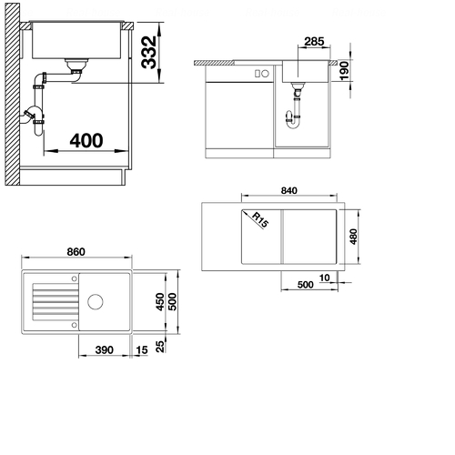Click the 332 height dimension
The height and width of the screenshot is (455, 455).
click(x=149, y=53)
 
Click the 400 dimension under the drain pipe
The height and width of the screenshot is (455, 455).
click(x=86, y=141)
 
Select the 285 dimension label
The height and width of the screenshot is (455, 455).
click(x=314, y=41)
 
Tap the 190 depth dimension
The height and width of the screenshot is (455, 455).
click(x=344, y=71)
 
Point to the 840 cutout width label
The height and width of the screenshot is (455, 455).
click(x=289, y=190)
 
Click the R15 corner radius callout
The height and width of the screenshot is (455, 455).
click(x=260, y=220)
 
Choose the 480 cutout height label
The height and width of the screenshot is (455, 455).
click(x=353, y=237)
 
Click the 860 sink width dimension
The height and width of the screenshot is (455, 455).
click(x=76, y=252)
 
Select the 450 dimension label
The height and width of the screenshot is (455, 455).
click(x=160, y=302)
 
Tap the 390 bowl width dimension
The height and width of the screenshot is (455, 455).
click(x=105, y=349)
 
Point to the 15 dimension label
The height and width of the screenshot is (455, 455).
click(x=142, y=350)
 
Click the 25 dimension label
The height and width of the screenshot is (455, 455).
click(x=160, y=347)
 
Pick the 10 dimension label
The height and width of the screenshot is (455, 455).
click(x=324, y=278)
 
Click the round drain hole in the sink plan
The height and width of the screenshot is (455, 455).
click(x=96, y=302)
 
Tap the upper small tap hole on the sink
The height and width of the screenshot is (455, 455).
click(x=75, y=278)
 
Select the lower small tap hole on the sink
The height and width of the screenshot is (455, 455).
click(x=75, y=325)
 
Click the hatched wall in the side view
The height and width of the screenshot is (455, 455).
click(x=13, y=94)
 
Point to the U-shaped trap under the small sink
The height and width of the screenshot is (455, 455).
click(x=293, y=120)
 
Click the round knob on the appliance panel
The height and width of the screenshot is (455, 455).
click(x=266, y=74)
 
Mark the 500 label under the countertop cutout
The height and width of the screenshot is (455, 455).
click(x=305, y=285)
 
